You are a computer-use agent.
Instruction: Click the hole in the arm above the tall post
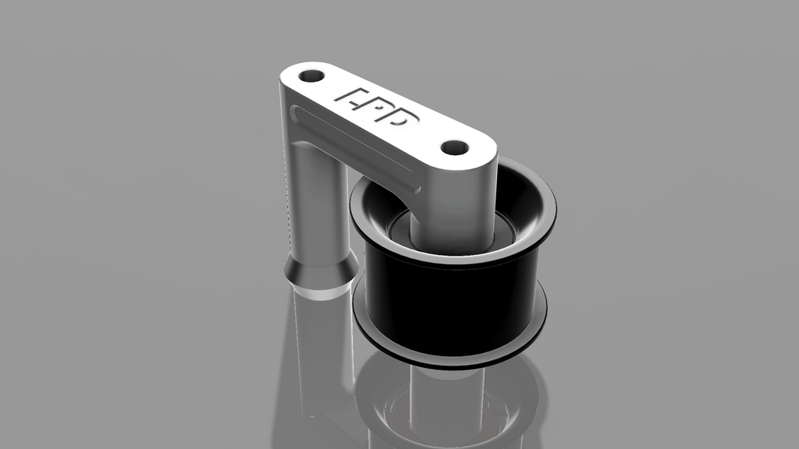(311, 76)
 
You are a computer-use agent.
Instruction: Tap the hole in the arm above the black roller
(454, 147)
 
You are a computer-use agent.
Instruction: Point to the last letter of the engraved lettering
(406, 119)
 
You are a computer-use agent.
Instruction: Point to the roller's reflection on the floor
(453, 405)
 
